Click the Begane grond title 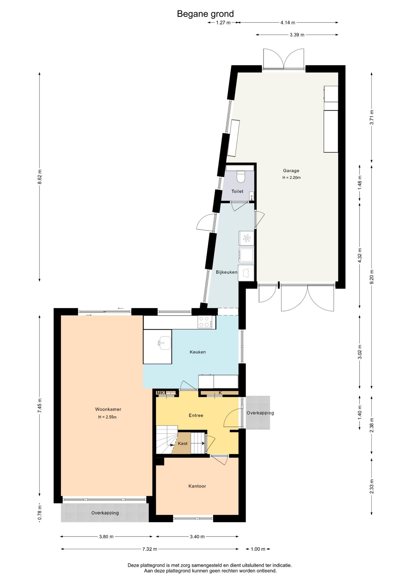[205, 14]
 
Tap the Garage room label [291, 171]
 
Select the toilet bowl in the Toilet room [241, 177]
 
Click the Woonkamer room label [108, 409]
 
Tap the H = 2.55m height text [107, 417]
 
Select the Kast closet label [182, 443]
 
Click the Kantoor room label [197, 486]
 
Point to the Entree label [196, 415]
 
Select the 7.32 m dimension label [150, 549]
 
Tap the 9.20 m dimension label [372, 277]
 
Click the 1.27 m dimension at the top [223, 22]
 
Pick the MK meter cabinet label [160, 393]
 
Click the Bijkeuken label [226, 272]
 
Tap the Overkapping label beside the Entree [260, 413]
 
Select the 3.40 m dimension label [197, 537]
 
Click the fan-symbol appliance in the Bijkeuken [246, 238]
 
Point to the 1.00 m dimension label [258, 549]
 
